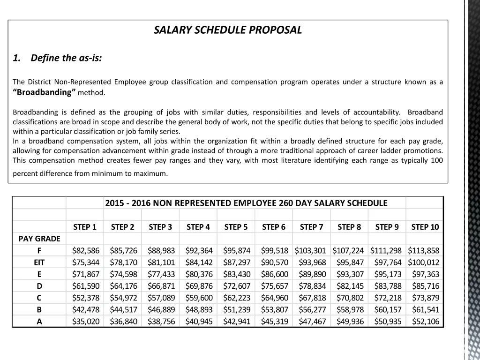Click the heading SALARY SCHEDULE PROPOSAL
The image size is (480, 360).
pos(228,30)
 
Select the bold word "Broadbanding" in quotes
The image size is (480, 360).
pos(44,92)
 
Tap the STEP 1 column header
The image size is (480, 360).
pos(85,227)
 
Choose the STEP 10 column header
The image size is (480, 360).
pos(425,227)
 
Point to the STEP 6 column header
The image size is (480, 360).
pos(274,227)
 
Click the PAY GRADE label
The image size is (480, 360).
pos(39,239)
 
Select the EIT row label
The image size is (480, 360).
pos(39,262)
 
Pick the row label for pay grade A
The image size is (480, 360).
pos(39,322)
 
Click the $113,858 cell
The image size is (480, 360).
pos(424,251)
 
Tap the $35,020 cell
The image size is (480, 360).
pos(85,322)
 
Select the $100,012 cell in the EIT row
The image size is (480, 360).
pos(424,262)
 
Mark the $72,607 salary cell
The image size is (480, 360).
pos(236,286)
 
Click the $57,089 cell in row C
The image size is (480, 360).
pos(161,298)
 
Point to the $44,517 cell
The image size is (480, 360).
pos(123,309)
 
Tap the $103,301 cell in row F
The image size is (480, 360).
pos(310,251)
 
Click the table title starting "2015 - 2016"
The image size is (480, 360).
pos(246,203)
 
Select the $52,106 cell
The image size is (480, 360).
pos(425,322)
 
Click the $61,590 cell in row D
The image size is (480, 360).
pos(85,286)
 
